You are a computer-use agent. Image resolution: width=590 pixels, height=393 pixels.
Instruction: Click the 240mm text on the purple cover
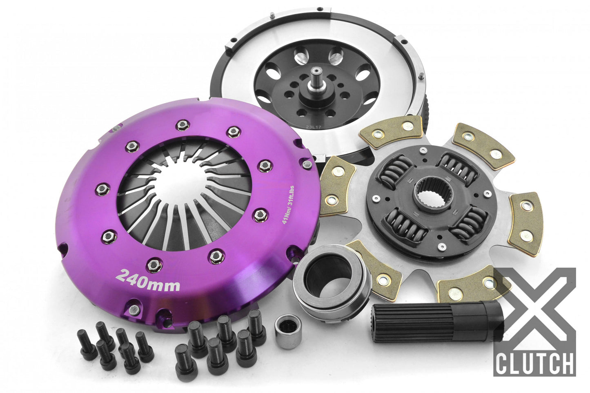[x=148, y=281]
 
